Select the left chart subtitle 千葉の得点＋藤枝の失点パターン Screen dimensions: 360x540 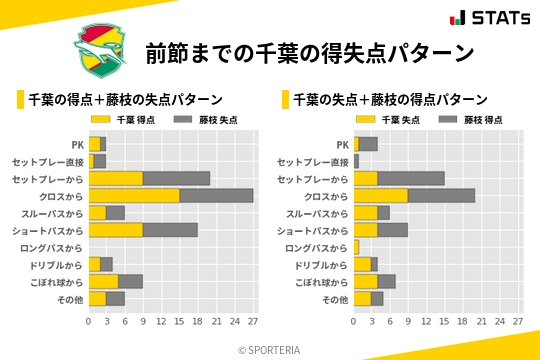pyautogui.click(x=124, y=99)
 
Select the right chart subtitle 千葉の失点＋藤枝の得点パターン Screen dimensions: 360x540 pyautogui.click(x=389, y=99)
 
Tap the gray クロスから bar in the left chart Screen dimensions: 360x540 pyautogui.click(x=216, y=196)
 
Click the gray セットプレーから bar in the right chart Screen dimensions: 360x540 pyautogui.click(x=411, y=178)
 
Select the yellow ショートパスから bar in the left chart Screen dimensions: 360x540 pyautogui.click(x=116, y=230)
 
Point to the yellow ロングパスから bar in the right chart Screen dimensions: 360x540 pyautogui.click(x=356, y=247)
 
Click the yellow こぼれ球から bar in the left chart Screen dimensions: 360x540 pyautogui.click(x=104, y=281)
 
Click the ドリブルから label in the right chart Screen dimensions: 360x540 pyautogui.click(x=322, y=265)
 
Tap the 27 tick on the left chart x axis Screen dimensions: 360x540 pyautogui.click(x=253, y=322)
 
